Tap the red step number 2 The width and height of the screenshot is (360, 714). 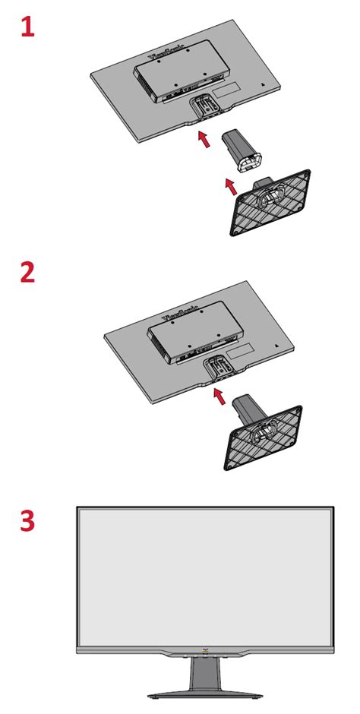coord(27,272)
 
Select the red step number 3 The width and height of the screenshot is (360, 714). coord(27,523)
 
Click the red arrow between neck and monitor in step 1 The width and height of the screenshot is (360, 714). coord(204,139)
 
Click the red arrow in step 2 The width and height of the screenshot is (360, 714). coord(219,395)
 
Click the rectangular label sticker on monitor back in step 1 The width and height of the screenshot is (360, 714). coord(223,88)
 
